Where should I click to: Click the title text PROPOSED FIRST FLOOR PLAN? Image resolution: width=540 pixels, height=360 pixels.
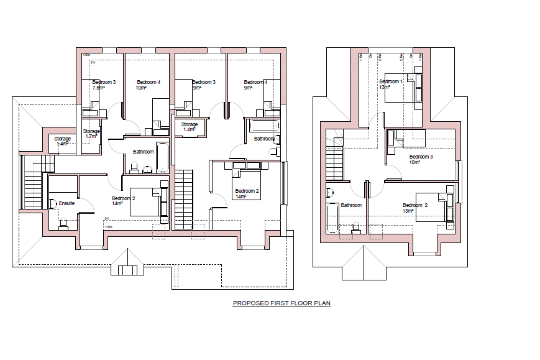point(281,303)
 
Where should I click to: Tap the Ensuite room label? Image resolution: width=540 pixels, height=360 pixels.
point(66,203)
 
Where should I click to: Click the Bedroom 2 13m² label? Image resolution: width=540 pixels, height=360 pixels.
point(415,208)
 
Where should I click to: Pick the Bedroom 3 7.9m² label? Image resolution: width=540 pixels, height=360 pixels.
point(104,85)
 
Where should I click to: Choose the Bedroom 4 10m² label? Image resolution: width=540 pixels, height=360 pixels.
point(149,85)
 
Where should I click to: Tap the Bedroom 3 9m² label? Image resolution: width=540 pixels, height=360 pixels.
point(203,85)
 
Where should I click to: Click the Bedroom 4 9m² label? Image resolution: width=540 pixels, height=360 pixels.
point(255,85)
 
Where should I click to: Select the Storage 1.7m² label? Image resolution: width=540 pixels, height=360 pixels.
point(91,134)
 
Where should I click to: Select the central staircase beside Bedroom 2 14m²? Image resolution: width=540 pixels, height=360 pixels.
point(184,199)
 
